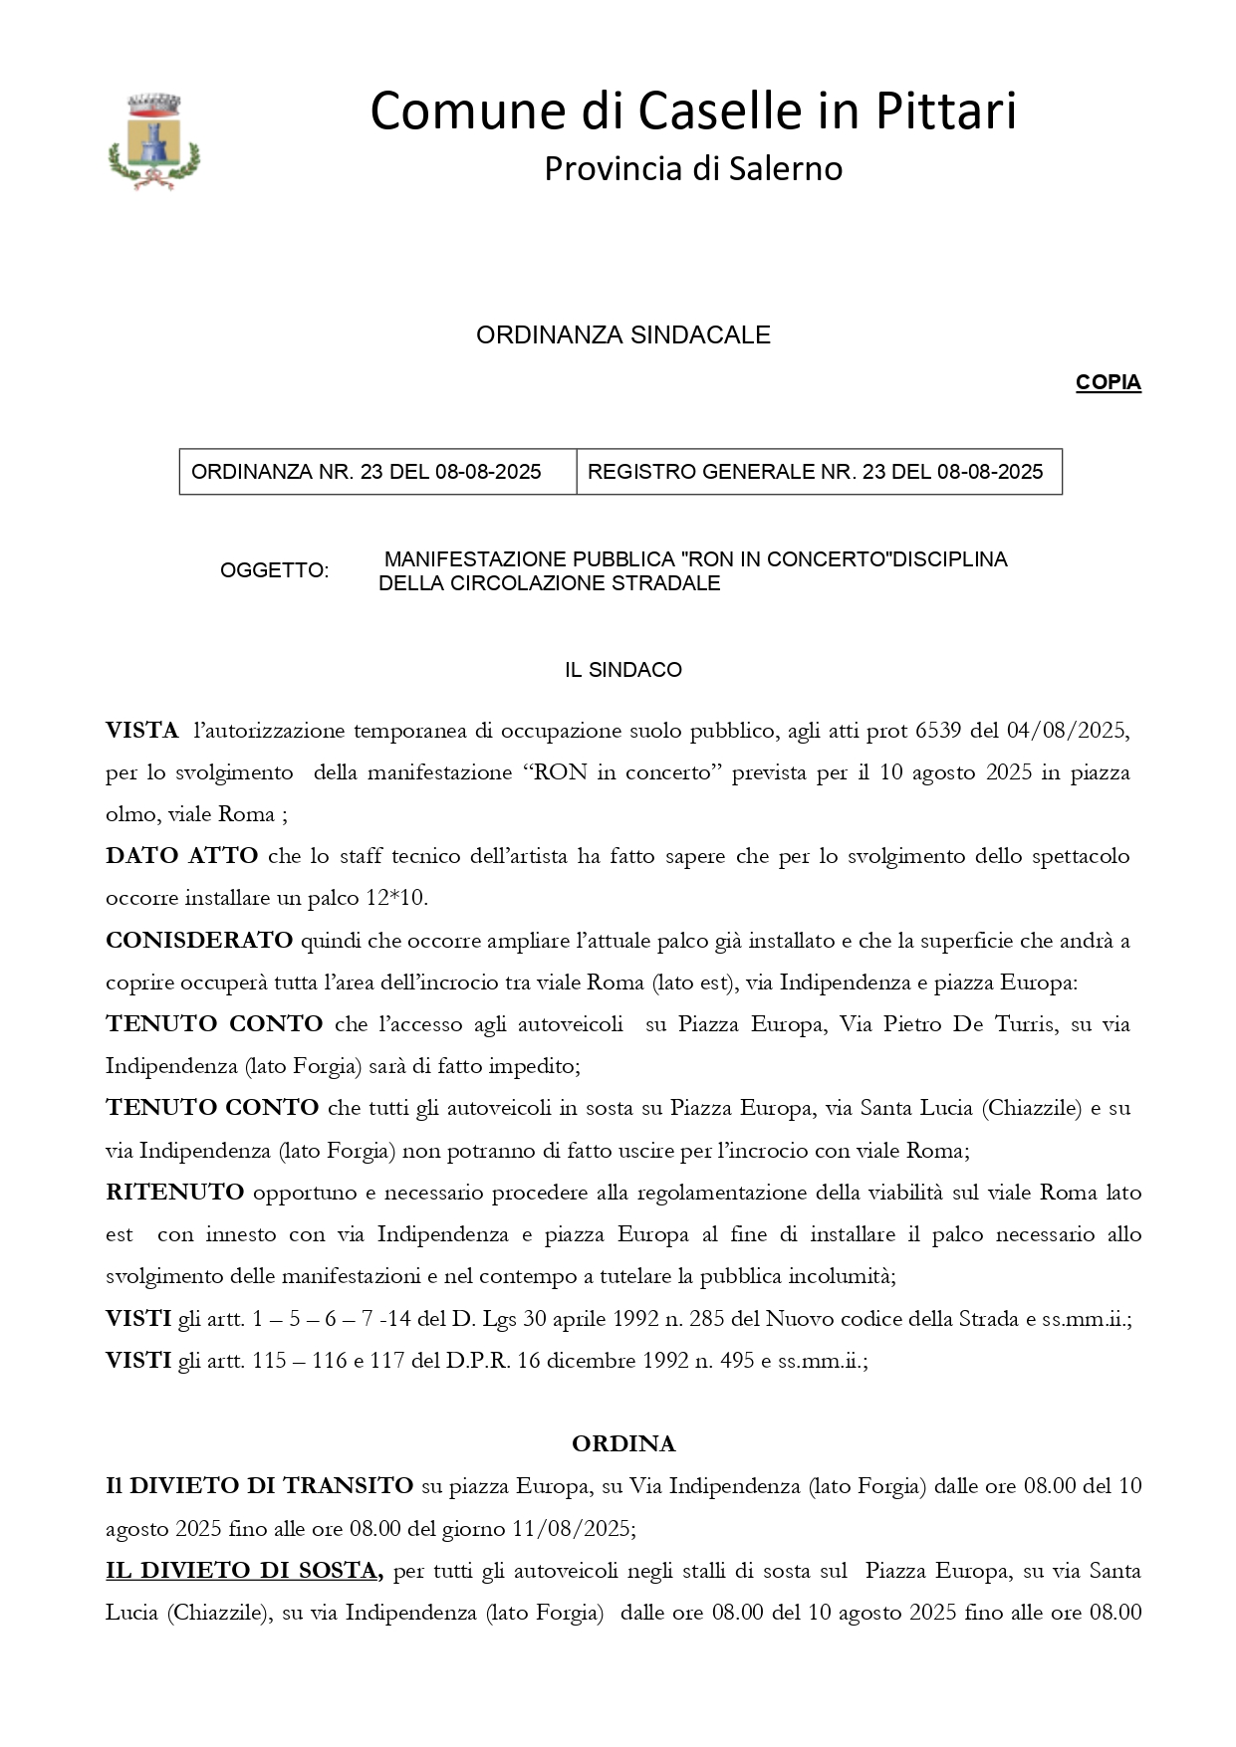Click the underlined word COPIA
[x=1108, y=383]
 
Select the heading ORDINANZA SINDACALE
[x=622, y=335]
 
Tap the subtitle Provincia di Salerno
[x=693, y=169]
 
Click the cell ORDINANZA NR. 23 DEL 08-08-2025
[x=367, y=472]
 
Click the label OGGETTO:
[x=274, y=571]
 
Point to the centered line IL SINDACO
[x=622, y=670]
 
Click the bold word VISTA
[x=142, y=731]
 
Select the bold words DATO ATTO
[x=181, y=856]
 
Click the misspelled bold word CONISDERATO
[x=199, y=941]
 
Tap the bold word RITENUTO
[x=174, y=1193]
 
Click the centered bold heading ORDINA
[x=623, y=1444]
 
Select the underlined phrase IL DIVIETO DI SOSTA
[x=244, y=1571]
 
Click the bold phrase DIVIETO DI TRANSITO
[x=271, y=1486]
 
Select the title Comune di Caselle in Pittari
[x=693, y=110]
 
